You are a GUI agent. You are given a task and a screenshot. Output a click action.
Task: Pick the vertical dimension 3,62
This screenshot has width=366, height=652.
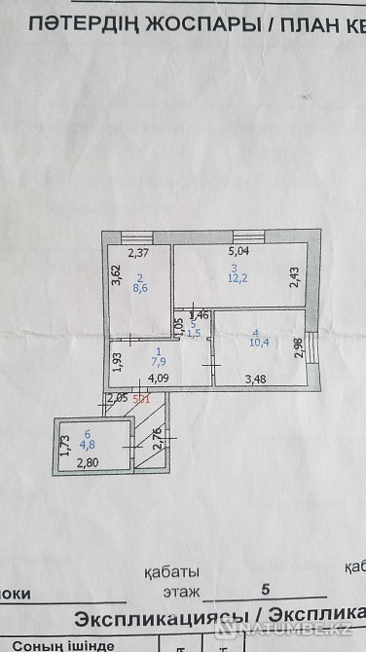tap(116, 277)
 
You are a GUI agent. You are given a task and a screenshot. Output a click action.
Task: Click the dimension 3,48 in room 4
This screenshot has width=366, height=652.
tap(254, 380)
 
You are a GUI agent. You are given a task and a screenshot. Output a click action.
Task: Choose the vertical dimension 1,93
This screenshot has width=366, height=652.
tap(116, 360)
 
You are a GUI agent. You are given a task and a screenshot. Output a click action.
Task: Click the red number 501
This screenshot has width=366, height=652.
tap(140, 397)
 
